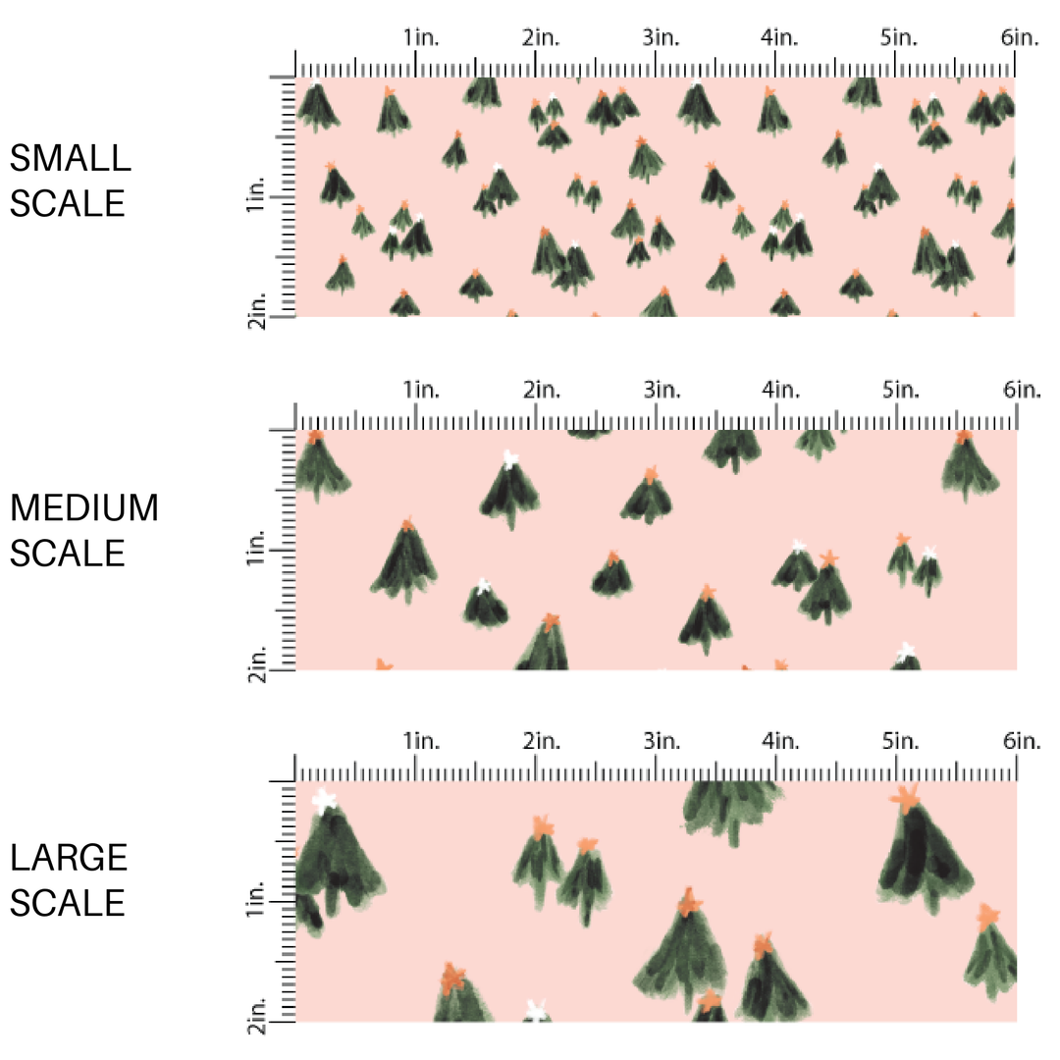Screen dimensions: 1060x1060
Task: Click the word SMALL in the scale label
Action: tap(70, 158)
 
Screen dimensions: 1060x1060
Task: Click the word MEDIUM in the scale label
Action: tap(84, 508)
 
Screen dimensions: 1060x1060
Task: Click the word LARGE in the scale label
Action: tap(70, 858)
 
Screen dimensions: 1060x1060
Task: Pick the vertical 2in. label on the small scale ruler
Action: tap(256, 316)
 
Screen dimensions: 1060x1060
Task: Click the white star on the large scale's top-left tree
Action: tap(324, 800)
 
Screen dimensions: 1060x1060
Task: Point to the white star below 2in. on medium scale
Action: tap(508, 458)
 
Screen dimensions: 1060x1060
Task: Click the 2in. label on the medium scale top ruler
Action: tap(542, 391)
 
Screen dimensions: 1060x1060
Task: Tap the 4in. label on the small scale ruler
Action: tap(781, 38)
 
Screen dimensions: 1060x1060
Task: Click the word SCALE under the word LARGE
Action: tap(68, 903)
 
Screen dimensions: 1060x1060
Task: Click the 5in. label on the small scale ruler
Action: tap(901, 38)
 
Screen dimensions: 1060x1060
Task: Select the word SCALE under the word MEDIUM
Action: tap(68, 554)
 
